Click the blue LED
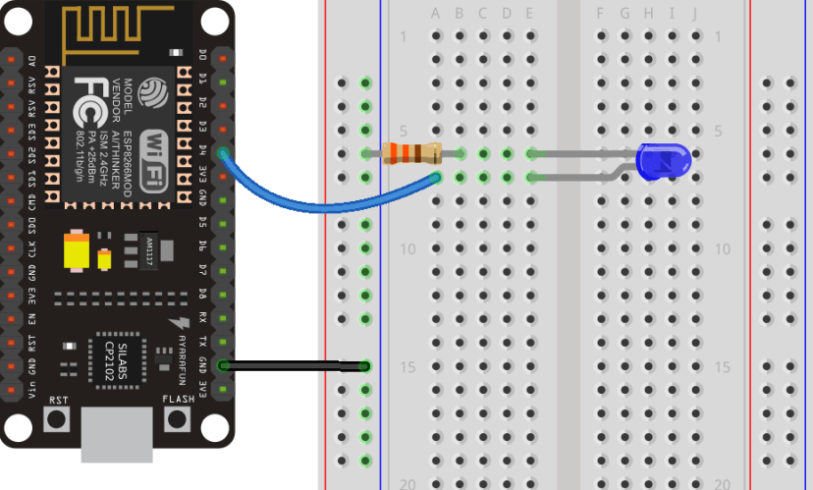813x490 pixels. (x=663, y=160)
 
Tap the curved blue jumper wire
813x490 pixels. (x=324, y=202)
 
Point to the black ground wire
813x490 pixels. (x=295, y=366)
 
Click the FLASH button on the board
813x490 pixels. (x=178, y=419)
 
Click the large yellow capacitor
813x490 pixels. (x=76, y=249)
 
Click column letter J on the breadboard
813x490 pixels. (x=694, y=14)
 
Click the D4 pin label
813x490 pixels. (x=202, y=152)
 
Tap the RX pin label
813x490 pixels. (x=202, y=318)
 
